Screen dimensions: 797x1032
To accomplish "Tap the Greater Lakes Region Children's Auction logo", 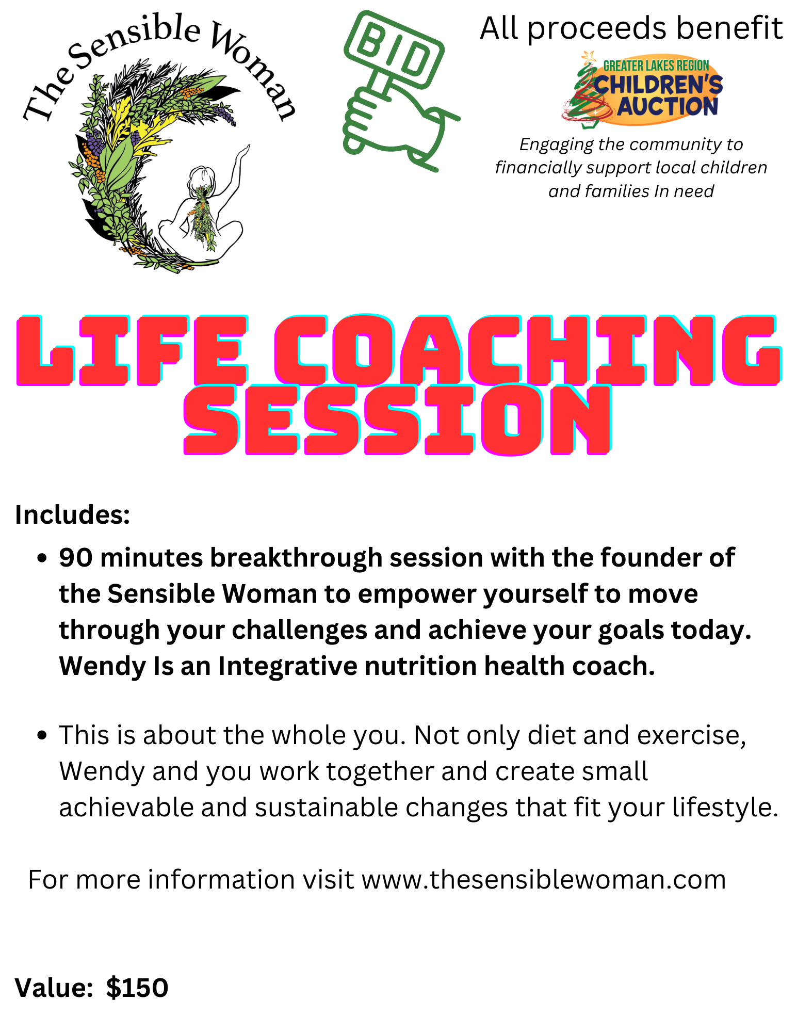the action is coord(642,89).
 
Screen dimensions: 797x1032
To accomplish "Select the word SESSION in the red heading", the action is coord(398,420).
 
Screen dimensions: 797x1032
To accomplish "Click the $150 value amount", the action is coord(137,988).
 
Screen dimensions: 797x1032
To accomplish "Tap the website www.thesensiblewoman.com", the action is coord(544,879).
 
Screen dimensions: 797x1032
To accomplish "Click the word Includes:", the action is coord(73,514).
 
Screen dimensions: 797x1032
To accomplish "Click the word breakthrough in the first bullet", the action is coord(296,558).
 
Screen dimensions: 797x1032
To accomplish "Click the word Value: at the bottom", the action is coord(54,988).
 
